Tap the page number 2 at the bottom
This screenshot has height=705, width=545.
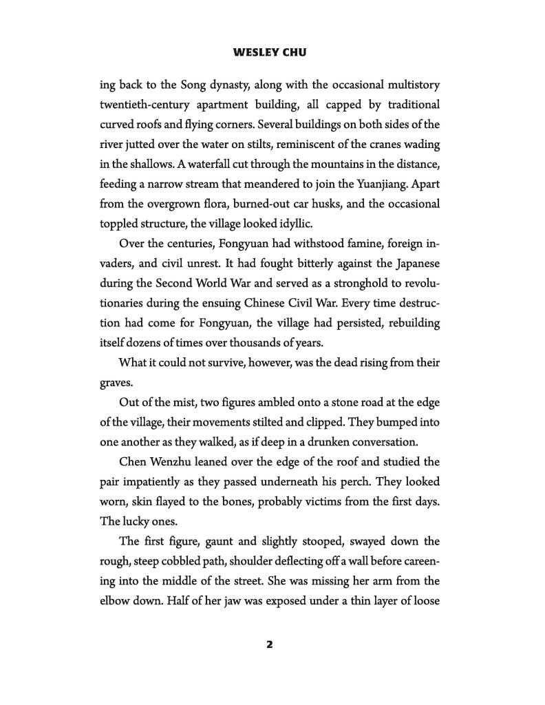coord(270,645)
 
